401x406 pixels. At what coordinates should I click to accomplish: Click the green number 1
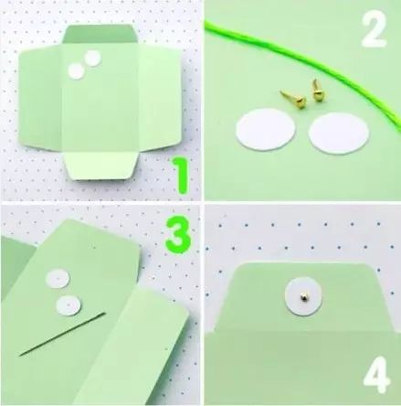pyautogui.click(x=181, y=176)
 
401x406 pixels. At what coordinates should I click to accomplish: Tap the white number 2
pyautogui.click(x=375, y=29)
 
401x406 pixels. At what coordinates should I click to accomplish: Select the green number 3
pyautogui.click(x=178, y=235)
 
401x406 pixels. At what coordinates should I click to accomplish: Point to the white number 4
pyautogui.click(x=377, y=377)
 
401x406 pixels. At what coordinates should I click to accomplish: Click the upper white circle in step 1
pyautogui.click(x=92, y=59)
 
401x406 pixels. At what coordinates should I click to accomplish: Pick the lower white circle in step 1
pyautogui.click(x=76, y=71)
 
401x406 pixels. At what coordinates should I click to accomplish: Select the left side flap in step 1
pyautogui.click(x=40, y=98)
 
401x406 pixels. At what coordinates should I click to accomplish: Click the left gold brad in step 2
pyautogui.click(x=293, y=99)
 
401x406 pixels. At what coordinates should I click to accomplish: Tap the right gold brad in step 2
pyautogui.click(x=317, y=91)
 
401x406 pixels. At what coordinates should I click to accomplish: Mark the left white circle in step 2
pyautogui.click(x=266, y=130)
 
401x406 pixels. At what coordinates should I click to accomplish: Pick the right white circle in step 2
pyautogui.click(x=339, y=133)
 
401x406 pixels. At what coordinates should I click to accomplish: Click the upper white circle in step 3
pyautogui.click(x=58, y=279)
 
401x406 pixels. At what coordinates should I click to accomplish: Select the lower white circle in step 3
pyautogui.click(x=69, y=305)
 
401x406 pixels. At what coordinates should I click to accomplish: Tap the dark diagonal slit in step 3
pyautogui.click(x=62, y=334)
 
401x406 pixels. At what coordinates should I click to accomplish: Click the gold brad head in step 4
pyautogui.click(x=303, y=296)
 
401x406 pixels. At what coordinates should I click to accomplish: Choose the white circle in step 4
pyautogui.click(x=303, y=297)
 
